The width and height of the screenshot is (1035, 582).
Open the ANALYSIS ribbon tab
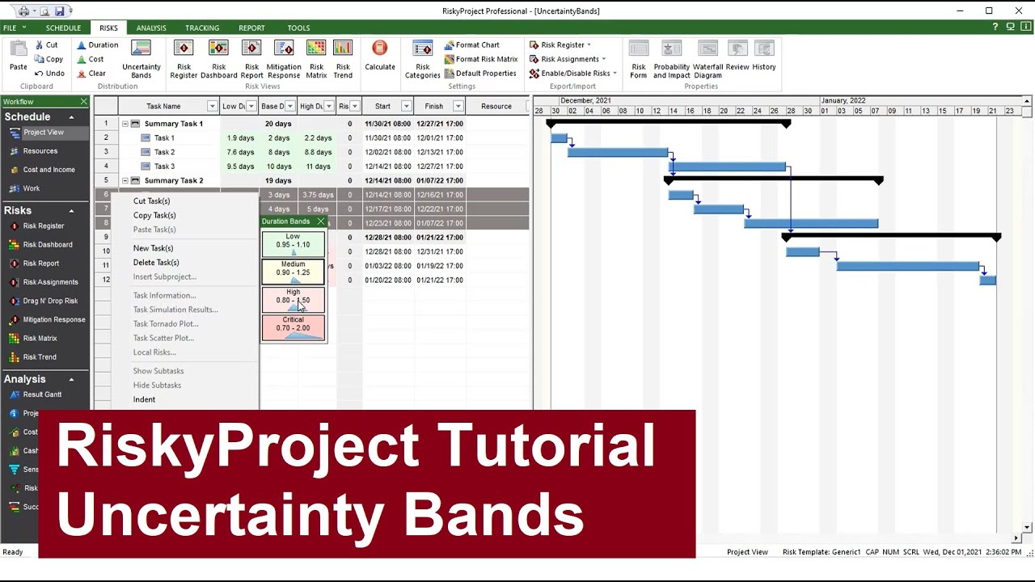tap(151, 28)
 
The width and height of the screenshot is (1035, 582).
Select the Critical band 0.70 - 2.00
tap(293, 327)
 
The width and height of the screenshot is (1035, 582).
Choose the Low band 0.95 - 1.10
tap(293, 243)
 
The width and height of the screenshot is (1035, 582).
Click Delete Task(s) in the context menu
tap(156, 263)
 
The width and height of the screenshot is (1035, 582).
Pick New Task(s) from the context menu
tap(153, 248)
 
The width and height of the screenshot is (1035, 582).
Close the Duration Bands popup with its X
tap(320, 221)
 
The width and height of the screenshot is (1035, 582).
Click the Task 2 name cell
tap(164, 152)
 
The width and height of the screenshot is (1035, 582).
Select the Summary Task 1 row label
tap(173, 124)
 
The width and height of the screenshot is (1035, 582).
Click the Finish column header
tap(434, 106)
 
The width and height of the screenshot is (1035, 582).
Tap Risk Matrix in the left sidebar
tap(40, 339)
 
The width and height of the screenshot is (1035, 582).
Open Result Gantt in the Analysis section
tap(42, 394)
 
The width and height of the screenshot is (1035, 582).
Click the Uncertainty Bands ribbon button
tap(141, 60)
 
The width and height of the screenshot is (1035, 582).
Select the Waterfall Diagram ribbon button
tap(708, 60)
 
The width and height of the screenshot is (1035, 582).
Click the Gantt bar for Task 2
tap(617, 152)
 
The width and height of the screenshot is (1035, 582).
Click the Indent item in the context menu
tap(144, 399)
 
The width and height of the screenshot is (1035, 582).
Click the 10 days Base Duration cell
tap(279, 167)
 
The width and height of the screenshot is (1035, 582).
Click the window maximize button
tap(989, 11)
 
